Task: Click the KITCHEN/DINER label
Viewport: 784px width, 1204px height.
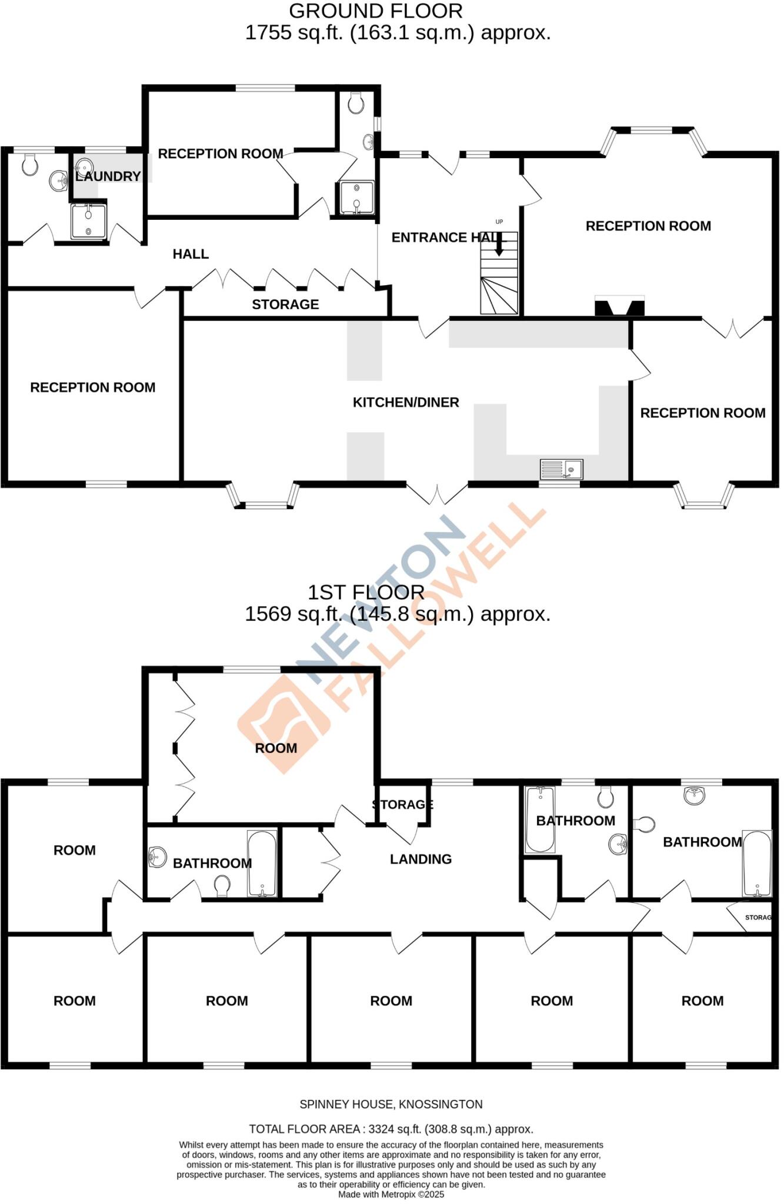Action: point(406,403)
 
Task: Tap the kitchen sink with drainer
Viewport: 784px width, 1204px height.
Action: point(561,469)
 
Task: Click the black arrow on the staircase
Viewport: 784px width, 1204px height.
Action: point(499,245)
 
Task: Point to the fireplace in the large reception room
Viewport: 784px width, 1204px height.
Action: point(619,307)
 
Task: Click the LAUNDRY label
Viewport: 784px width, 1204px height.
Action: point(108,176)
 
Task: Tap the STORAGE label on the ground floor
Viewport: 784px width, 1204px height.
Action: point(285,305)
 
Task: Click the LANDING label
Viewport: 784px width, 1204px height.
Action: point(421,859)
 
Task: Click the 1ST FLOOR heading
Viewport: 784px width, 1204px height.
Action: point(366,592)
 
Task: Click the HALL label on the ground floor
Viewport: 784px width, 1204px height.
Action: point(191,254)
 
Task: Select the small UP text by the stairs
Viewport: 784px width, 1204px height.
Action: point(499,222)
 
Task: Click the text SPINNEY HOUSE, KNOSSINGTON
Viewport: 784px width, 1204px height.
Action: point(391,1105)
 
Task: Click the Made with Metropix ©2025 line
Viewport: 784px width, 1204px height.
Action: point(391,1195)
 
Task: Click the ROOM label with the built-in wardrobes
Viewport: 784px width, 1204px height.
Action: point(276,748)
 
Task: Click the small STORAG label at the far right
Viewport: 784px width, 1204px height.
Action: point(758,917)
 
